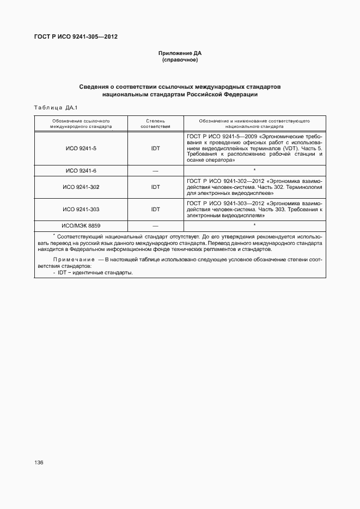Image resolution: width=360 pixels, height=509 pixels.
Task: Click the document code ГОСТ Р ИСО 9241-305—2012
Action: click(76, 37)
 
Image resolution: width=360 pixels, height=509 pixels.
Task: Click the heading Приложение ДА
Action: click(180, 53)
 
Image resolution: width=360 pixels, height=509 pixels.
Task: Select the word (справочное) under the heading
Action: click(180, 60)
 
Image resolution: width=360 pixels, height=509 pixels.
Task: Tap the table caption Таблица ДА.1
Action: click(57, 107)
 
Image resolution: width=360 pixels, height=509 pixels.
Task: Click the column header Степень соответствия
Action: click(155, 123)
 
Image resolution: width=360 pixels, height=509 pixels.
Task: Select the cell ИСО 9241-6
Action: click(81, 171)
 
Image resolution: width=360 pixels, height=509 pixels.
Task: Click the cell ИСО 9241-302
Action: click(81, 187)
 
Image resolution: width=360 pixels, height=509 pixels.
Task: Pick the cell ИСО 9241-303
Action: click(81, 209)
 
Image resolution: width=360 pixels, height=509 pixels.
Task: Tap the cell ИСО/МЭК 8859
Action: click(81, 225)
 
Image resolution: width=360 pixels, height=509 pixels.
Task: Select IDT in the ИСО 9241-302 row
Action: click(155, 187)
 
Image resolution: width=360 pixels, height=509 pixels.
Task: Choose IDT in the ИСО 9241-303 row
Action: click(155, 209)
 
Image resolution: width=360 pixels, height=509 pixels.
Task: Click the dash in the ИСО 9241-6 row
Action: click(155, 171)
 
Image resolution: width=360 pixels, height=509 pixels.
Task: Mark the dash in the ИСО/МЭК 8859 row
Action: click(155, 225)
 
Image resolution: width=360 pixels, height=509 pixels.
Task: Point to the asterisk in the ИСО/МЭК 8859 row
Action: click(254, 224)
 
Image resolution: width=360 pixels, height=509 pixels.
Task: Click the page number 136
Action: click(39, 462)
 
